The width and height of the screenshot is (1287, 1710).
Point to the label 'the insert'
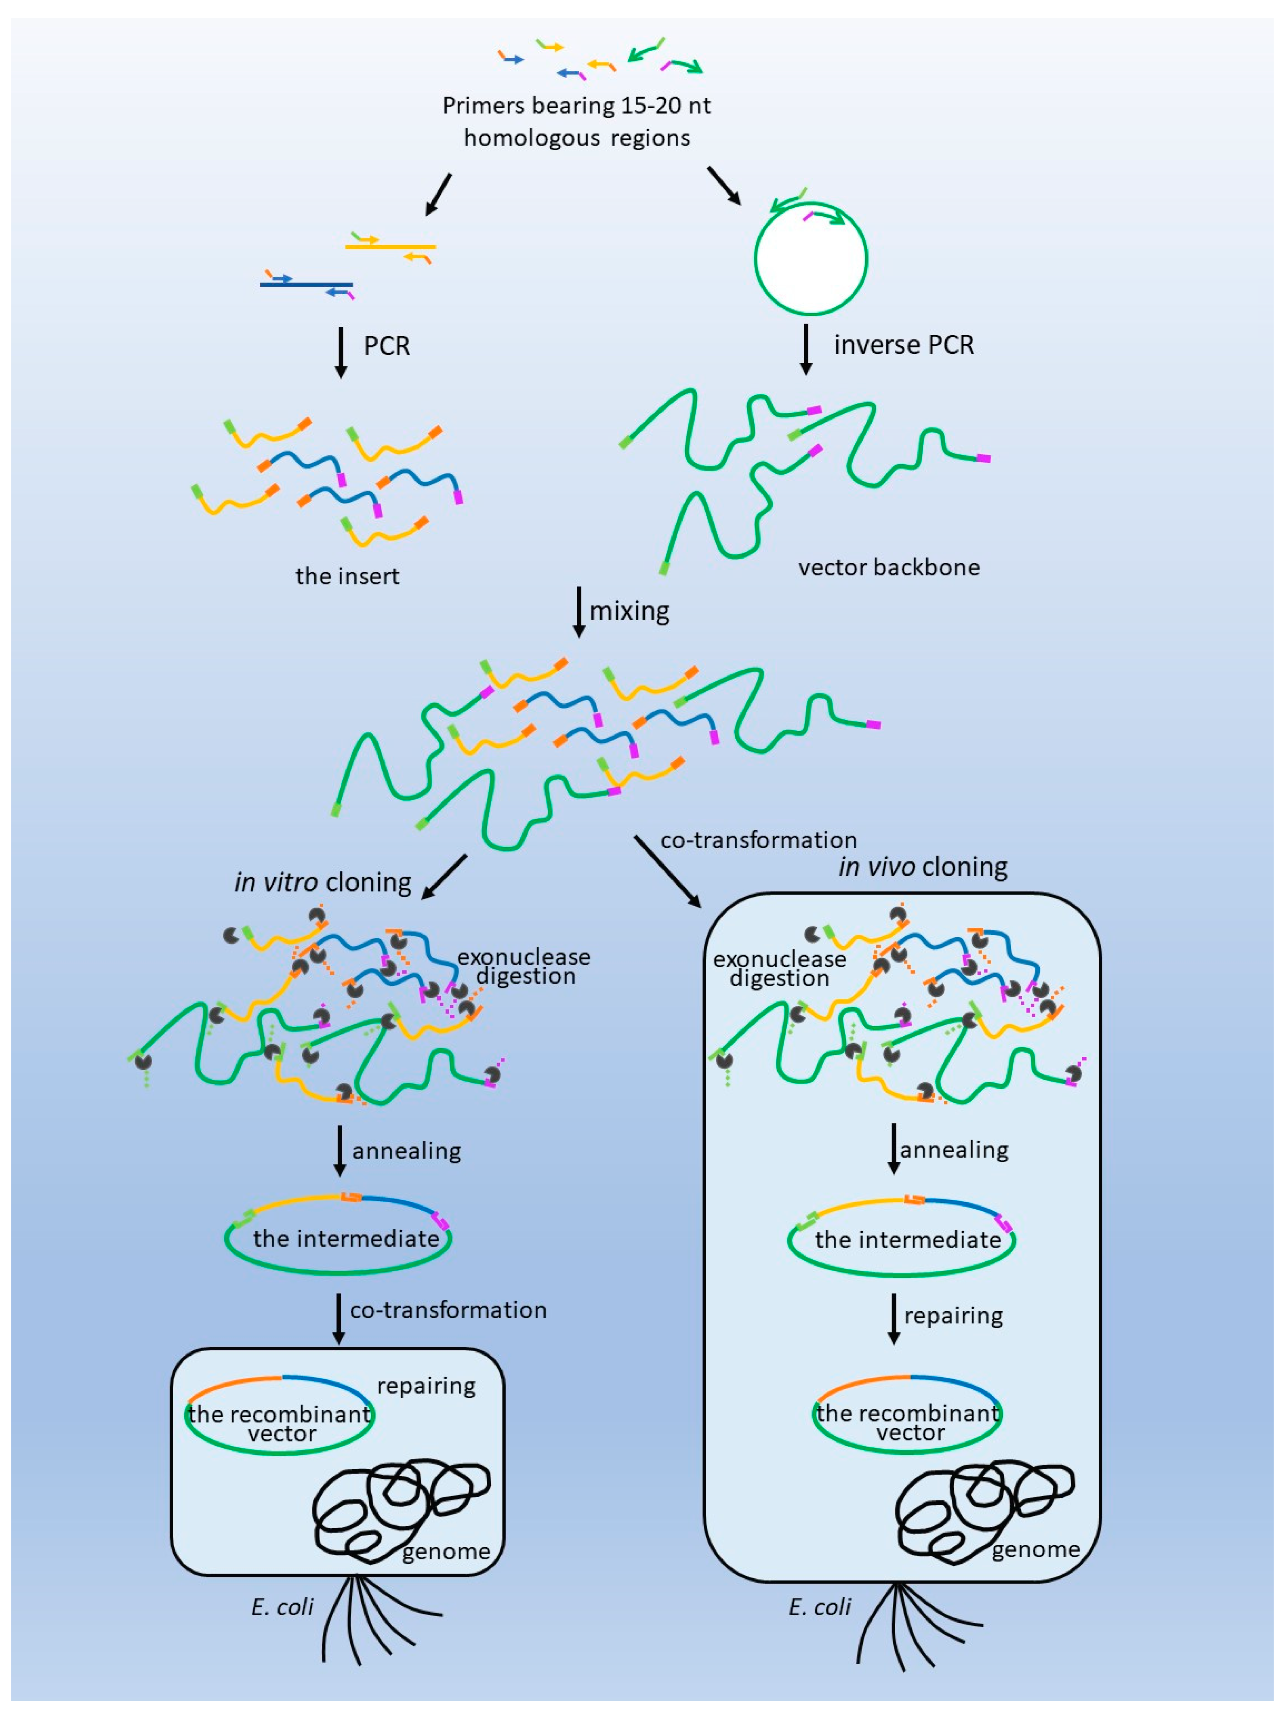tap(347, 576)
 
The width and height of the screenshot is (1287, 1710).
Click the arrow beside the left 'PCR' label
tap(340, 353)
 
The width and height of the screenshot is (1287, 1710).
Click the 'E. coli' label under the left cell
tap(282, 1607)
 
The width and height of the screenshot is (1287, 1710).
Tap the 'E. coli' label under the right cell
tap(819, 1607)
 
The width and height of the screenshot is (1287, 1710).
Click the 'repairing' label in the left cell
tap(426, 1385)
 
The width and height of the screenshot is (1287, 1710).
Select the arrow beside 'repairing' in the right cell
tap(894, 1319)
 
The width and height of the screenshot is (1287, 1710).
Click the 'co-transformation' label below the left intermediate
tap(448, 1310)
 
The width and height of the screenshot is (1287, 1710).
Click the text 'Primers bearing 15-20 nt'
tap(576, 105)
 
